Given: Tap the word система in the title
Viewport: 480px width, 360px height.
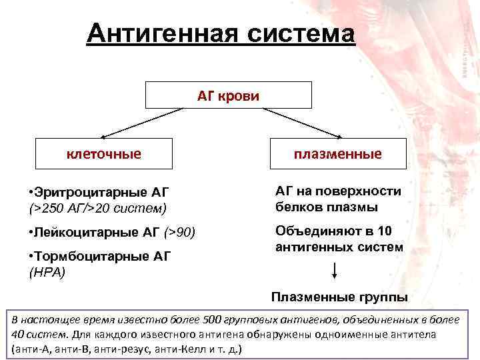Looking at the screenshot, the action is click(299, 33).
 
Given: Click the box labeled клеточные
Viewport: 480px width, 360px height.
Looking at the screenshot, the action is click(103, 154).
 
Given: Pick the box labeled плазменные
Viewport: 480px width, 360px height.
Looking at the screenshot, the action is click(338, 154).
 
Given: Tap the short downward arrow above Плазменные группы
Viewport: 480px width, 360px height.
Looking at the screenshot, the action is click(334, 272).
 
